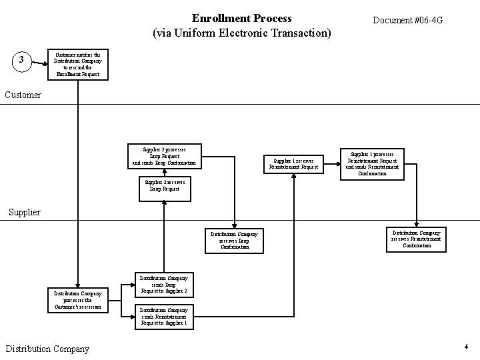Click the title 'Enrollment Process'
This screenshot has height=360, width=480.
click(241, 18)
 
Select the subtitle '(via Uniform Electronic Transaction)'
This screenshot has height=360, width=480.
click(241, 32)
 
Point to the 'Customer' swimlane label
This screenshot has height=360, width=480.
click(23, 95)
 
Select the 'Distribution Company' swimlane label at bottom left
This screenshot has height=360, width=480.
click(47, 348)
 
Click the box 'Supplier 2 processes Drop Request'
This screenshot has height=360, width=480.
click(164, 155)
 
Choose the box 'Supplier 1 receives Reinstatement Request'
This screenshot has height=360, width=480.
click(294, 163)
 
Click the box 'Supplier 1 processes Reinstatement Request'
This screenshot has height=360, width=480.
click(372, 163)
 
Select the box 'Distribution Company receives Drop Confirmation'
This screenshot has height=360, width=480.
click(234, 240)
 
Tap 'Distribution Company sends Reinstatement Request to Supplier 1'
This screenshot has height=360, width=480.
click(164, 317)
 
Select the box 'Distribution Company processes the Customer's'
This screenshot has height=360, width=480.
click(78, 300)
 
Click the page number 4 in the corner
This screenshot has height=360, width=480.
click(466, 347)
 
